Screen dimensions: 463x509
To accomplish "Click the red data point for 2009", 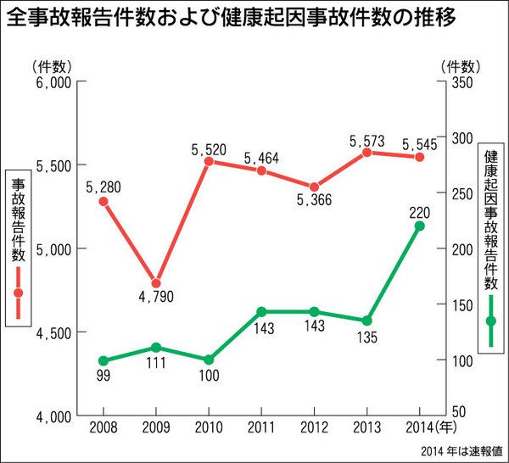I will [156, 283].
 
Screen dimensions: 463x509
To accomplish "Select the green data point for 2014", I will [419, 226].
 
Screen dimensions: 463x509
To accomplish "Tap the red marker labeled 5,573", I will [366, 153].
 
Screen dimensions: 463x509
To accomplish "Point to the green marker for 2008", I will [103, 360].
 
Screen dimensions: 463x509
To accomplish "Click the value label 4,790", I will [156, 299].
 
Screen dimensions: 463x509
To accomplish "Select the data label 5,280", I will [103, 184].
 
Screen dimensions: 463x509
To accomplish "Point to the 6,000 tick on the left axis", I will [53, 82].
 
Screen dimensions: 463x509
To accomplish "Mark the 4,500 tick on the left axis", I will [53, 333].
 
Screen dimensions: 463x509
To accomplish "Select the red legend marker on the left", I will [18, 293].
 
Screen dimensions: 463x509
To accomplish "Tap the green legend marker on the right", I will [490, 321].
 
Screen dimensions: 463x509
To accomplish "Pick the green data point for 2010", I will [209, 360].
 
